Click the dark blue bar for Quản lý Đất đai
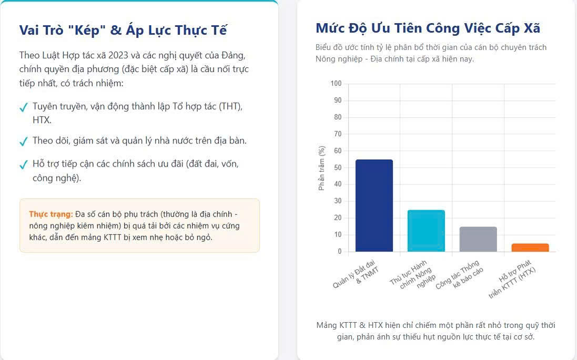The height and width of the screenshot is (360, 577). (x=374, y=205)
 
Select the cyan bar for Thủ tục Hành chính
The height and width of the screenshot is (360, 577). (x=426, y=231)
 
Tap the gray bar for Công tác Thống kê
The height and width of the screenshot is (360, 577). (x=478, y=240)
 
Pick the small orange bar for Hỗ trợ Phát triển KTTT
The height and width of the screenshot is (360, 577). (x=530, y=248)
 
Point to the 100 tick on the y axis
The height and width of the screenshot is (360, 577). (x=336, y=84)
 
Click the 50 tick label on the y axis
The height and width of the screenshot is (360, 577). (x=338, y=167)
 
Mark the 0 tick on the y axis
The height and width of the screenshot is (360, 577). (x=340, y=251)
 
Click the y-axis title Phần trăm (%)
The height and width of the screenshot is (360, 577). (x=321, y=168)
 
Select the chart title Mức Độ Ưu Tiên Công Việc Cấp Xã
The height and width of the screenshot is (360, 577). (x=428, y=28)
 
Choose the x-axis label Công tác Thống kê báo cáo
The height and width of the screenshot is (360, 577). (x=460, y=275)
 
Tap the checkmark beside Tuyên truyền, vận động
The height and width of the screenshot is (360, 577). (x=24, y=107)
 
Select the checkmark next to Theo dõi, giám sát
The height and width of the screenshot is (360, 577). (x=24, y=141)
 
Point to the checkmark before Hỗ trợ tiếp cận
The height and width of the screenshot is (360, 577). (x=24, y=164)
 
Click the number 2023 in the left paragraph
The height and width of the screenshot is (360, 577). (x=118, y=55)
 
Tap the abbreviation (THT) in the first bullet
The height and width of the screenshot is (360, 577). (x=231, y=107)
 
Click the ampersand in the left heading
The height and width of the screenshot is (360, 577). (x=116, y=30)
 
